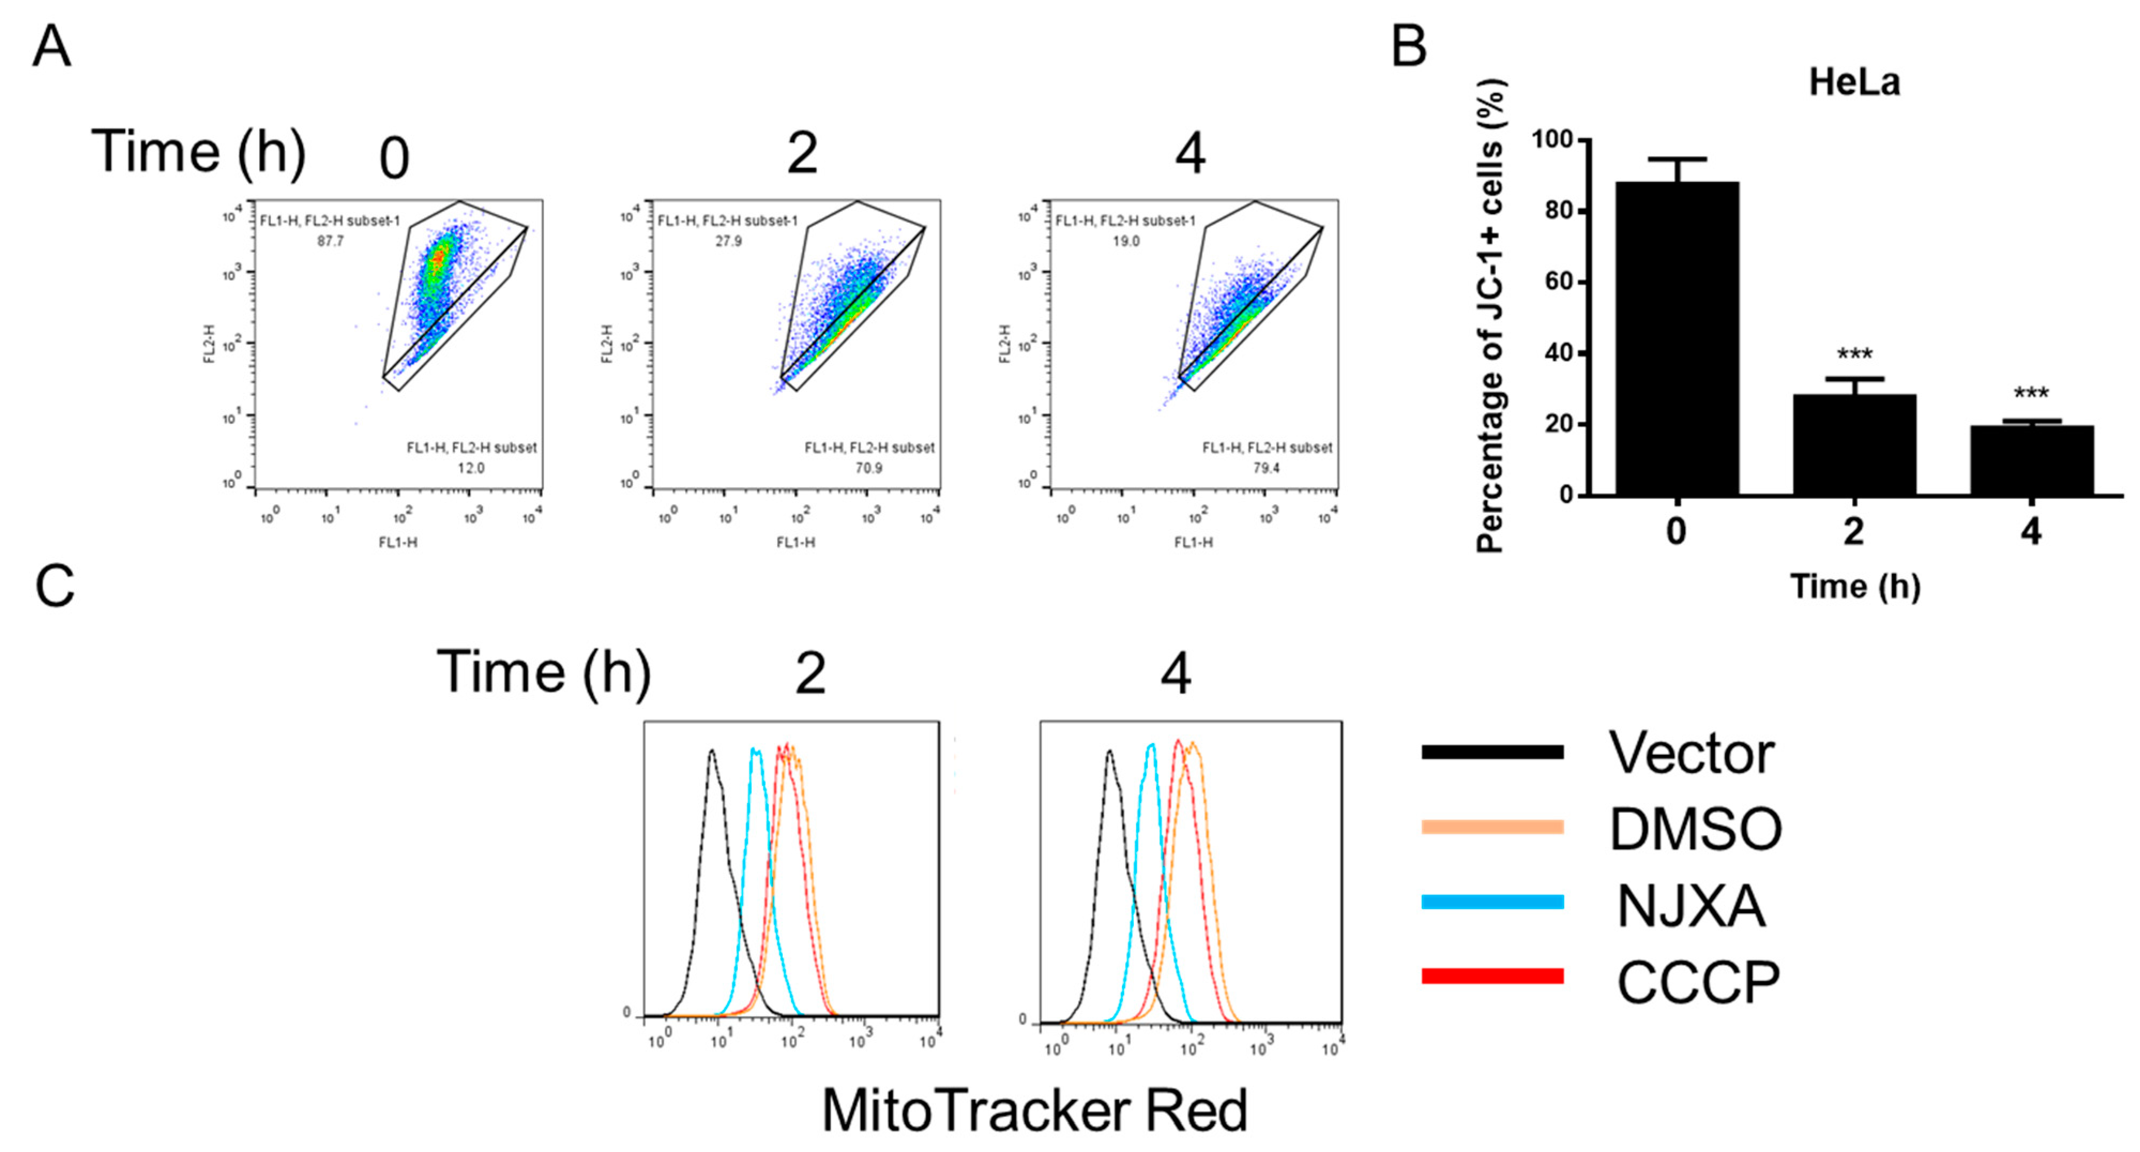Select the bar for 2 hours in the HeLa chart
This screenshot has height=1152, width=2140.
point(1854,445)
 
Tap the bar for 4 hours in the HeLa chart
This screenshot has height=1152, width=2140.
point(2031,461)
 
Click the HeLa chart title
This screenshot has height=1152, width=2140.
point(1854,82)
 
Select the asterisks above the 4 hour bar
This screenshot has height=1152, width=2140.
point(2031,392)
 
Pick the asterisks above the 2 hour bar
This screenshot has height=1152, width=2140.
point(1854,354)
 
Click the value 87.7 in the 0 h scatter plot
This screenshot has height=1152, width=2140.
point(330,241)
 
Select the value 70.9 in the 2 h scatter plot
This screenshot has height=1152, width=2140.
point(869,468)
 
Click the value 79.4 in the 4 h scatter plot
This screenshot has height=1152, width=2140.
point(1266,468)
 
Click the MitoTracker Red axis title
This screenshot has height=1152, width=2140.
point(1034,1110)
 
